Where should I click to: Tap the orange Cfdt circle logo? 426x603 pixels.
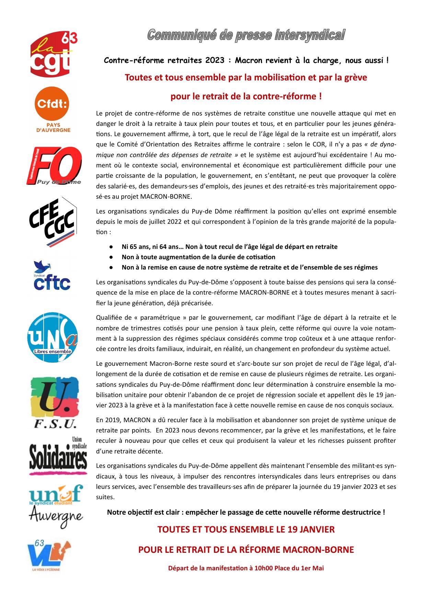point(52,103)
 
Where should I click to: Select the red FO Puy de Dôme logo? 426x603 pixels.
point(54,165)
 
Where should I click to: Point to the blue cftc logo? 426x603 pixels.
point(52,277)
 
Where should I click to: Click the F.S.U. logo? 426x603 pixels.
point(55,403)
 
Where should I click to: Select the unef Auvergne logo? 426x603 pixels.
point(56,506)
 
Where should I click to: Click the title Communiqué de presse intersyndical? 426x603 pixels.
point(246,35)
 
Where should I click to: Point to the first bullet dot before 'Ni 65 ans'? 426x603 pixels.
point(111,247)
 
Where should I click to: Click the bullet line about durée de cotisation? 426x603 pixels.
point(198,257)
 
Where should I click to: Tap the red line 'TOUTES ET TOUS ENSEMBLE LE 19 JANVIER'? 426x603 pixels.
point(246,529)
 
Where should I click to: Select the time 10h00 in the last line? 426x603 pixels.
point(263,568)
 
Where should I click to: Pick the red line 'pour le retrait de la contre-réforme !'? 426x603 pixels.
point(246,97)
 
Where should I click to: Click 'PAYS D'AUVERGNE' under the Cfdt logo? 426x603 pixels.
point(53,128)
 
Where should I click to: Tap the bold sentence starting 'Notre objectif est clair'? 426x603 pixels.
point(246,512)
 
